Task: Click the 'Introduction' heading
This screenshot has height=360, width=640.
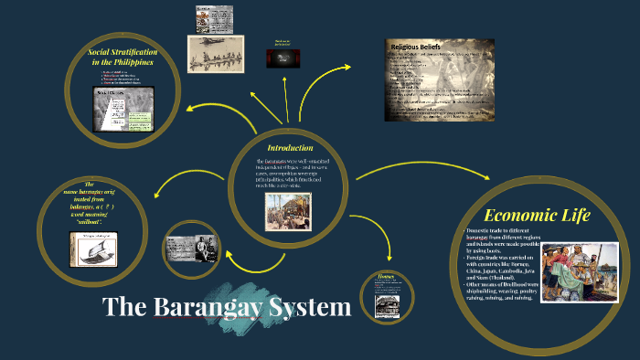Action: tap(290, 148)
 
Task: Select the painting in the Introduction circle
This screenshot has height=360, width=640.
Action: tap(288, 211)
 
